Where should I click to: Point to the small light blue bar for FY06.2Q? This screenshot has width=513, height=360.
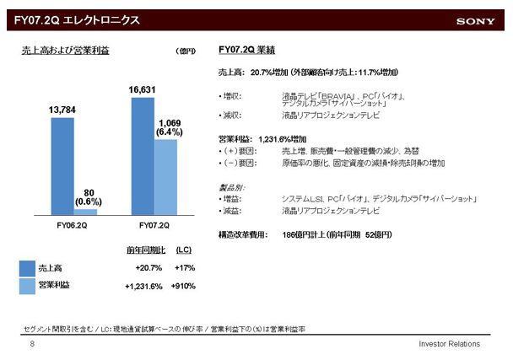point(85,212)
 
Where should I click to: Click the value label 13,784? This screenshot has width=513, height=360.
point(64,110)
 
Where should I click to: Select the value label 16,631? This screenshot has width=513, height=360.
point(143,89)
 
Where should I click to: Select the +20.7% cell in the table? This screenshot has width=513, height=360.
point(148,267)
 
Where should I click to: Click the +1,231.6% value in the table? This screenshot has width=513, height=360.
point(143,287)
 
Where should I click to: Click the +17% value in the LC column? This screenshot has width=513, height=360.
point(185,267)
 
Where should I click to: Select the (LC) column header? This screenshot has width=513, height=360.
point(183,250)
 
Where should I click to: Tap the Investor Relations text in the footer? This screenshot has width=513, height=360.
point(449,345)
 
